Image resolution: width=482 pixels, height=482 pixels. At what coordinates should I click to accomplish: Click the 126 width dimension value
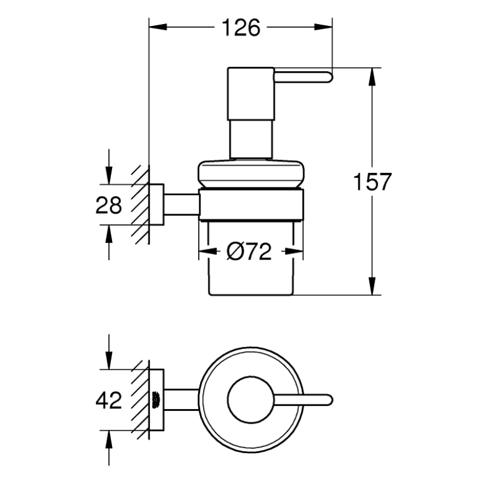click(x=240, y=27)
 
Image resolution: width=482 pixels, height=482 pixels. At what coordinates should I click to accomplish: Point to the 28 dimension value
click(x=109, y=205)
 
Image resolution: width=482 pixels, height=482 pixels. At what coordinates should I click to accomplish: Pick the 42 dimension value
click(x=109, y=399)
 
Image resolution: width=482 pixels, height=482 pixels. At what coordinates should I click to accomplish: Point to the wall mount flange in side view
click(x=157, y=204)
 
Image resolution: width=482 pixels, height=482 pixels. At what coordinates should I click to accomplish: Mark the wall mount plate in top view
click(x=157, y=399)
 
